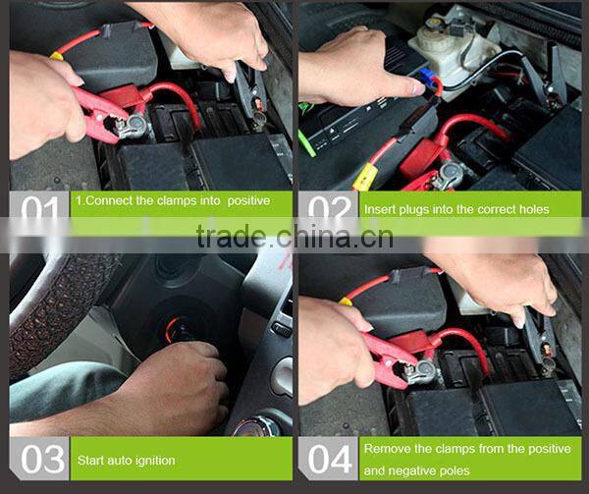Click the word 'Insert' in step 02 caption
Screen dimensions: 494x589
[380, 209]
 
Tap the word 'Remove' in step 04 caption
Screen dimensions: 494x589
[387, 449]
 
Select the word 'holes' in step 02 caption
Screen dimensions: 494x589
[532, 209]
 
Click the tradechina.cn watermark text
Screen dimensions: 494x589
[294, 237]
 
